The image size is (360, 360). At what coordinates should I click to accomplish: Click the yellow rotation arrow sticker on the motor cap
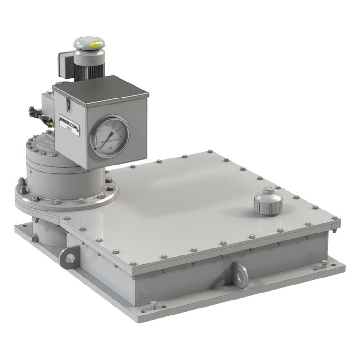[97, 45]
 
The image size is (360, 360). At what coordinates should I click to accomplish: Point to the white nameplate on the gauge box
[71, 125]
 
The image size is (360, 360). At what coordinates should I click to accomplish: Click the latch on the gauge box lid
[67, 101]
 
